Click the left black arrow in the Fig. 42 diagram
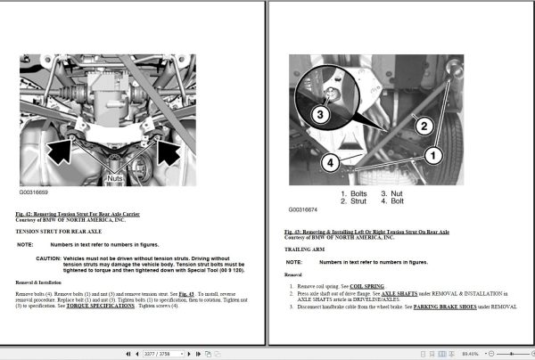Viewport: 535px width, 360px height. tap(58, 145)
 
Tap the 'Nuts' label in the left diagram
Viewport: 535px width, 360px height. tap(114, 177)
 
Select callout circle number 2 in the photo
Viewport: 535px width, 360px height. tap(424, 125)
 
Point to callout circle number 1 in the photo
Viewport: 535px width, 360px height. tap(434, 155)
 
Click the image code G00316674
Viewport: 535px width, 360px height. tap(306, 211)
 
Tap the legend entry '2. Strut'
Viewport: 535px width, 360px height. tap(354, 201)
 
